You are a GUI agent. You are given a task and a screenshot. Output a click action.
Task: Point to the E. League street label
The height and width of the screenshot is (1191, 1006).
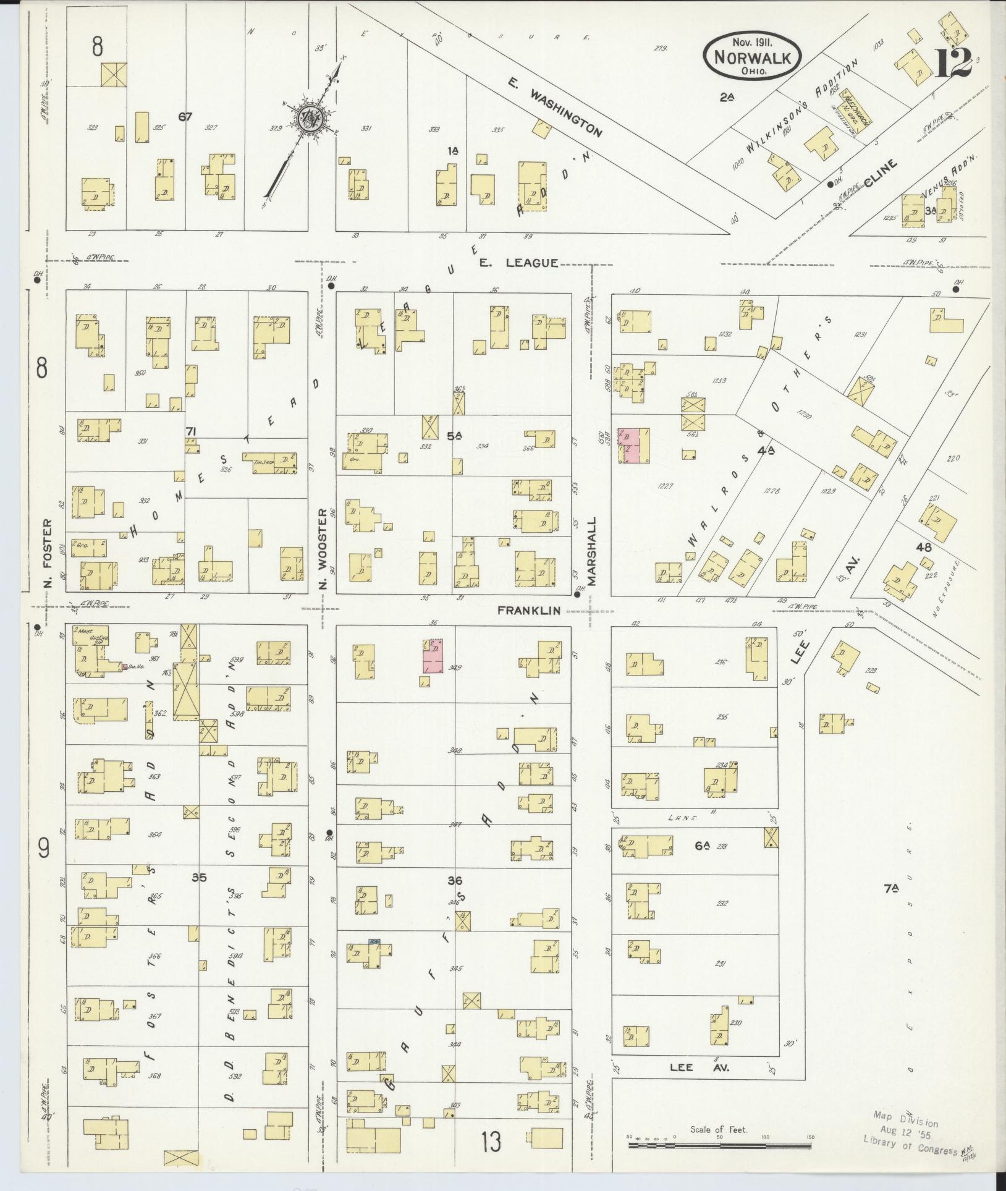tap(518, 263)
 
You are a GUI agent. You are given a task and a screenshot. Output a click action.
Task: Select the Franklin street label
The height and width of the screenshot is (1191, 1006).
tap(529, 610)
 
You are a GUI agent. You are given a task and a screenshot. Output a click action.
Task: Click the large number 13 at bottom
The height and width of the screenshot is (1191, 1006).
tap(492, 1141)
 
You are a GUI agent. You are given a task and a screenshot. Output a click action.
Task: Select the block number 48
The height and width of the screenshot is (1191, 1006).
tap(924, 546)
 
